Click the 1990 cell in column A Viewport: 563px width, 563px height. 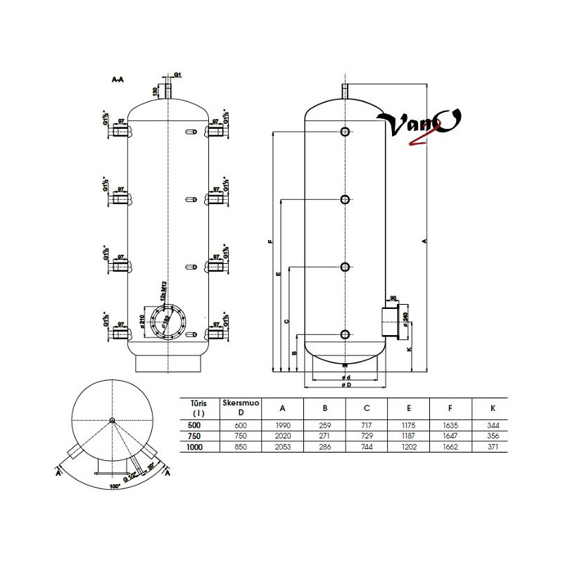click(282, 425)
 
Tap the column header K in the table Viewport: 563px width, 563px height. click(493, 407)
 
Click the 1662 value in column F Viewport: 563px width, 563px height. click(451, 448)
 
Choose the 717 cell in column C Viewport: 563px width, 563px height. click(367, 425)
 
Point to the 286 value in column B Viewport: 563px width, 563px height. click(324, 448)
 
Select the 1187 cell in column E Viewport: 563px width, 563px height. click(409, 436)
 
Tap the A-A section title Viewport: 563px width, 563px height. click(118, 81)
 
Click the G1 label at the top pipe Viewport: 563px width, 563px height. click(178, 75)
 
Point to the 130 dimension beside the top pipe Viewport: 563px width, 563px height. click(156, 91)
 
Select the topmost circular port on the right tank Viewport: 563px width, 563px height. click(345, 132)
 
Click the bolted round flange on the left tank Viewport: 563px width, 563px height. click(168, 322)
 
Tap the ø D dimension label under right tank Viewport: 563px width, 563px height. click(345, 386)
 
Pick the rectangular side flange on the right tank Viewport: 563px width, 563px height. click(388, 321)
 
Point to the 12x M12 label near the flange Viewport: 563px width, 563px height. click(163, 289)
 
